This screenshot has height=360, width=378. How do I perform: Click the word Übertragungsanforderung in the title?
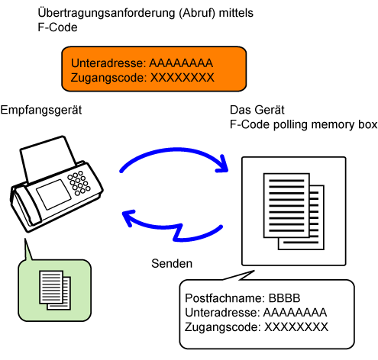pos(106,13)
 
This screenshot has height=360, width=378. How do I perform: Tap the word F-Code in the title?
pos(57,27)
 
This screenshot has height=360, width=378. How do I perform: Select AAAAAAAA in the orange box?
pos(181,63)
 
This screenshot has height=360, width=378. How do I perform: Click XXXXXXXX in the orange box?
pos(183,78)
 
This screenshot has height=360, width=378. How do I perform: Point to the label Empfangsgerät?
pos(41,111)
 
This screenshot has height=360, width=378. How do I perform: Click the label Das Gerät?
pos(257,110)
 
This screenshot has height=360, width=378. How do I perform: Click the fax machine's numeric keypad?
pos(79,183)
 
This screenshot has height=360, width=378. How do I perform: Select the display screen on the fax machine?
pos(54,194)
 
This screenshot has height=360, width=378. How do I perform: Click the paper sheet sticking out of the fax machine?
pos(47,159)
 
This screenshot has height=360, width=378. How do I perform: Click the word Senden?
pos(172,263)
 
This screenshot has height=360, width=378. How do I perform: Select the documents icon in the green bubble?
pos(55,290)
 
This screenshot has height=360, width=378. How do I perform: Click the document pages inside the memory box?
pos(294,211)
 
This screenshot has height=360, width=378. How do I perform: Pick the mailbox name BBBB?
pos(284,298)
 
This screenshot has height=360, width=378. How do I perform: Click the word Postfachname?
pos(225,298)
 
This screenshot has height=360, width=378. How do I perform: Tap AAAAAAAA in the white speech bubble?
pos(295,313)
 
